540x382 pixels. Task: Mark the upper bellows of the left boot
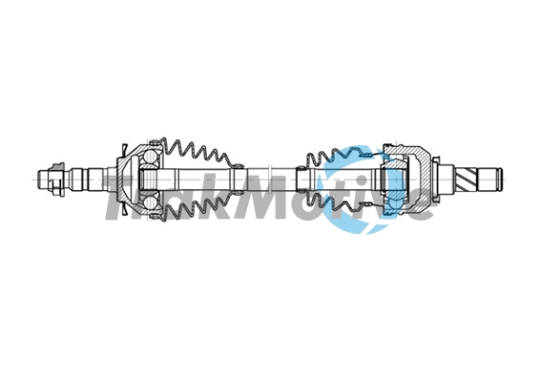click(196, 153)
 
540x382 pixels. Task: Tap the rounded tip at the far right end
click(496, 178)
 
